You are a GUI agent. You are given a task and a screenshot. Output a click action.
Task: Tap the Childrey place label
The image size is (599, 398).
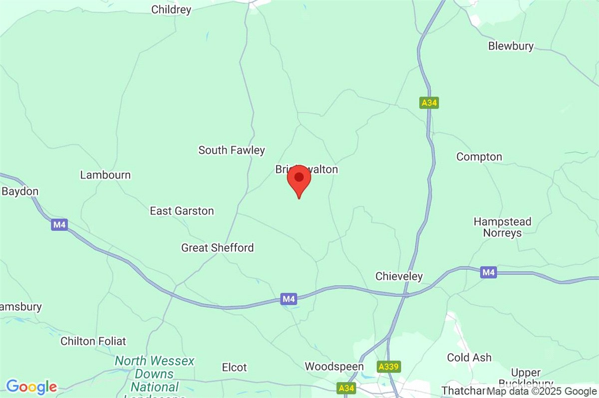(171, 9)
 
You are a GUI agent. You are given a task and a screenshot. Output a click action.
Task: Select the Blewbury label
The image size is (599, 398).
(511, 46)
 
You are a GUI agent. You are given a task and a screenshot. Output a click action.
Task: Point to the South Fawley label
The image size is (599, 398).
(232, 150)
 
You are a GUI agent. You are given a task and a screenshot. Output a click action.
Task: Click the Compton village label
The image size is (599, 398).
(479, 157)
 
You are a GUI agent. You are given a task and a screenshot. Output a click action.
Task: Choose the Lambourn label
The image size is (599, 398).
(105, 175)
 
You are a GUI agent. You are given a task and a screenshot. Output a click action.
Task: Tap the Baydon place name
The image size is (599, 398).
(20, 192)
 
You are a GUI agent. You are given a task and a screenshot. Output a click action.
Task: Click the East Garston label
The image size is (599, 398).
(182, 211)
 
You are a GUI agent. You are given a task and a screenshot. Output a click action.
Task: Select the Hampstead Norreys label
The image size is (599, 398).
(503, 227)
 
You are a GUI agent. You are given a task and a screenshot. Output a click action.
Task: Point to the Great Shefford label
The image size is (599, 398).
(217, 248)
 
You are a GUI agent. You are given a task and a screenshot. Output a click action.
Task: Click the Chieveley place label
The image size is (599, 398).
(399, 276)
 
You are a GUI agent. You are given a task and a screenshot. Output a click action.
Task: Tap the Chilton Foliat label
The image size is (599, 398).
(93, 342)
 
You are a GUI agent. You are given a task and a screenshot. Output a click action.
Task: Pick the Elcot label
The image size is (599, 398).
(234, 368)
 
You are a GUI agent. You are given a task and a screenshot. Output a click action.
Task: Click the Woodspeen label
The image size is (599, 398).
(334, 367)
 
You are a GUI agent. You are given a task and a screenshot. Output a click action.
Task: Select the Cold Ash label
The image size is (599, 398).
(469, 358)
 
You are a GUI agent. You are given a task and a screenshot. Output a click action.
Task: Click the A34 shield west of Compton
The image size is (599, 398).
(429, 103)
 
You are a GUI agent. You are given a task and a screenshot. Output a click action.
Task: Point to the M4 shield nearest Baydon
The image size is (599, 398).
(59, 225)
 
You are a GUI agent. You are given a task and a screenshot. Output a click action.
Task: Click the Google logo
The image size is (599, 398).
(31, 387)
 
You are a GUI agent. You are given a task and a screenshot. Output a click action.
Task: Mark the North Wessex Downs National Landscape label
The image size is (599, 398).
(154, 374)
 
